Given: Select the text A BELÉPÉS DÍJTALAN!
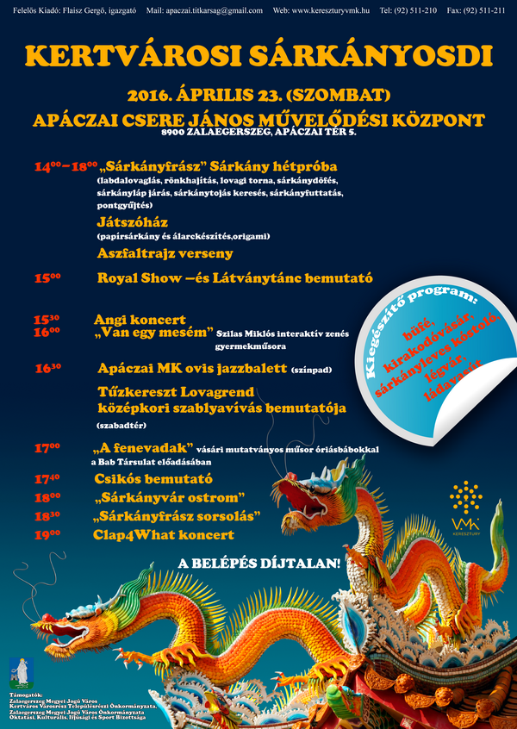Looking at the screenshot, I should pyautogui.click(x=258, y=564).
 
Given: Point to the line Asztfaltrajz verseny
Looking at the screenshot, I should pyautogui.click(x=165, y=253).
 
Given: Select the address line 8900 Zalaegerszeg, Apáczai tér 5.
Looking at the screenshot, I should pyautogui.click(x=258, y=134).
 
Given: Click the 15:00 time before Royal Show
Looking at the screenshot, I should pyautogui.click(x=47, y=278).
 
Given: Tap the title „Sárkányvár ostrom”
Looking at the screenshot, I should pyautogui.click(x=171, y=498).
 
